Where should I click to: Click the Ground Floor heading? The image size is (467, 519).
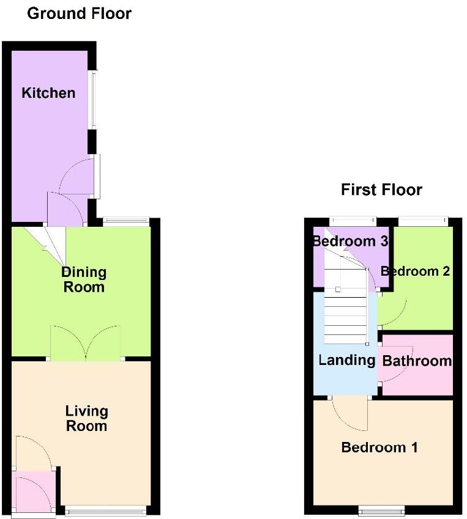79,14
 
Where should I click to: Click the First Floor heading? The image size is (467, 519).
381,190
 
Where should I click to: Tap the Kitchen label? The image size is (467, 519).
48,93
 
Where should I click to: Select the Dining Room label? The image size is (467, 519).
84,280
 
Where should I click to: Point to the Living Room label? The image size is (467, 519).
86,418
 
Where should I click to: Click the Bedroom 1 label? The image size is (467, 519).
379,447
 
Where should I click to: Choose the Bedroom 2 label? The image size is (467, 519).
415,271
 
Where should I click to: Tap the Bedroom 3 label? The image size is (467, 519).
350,241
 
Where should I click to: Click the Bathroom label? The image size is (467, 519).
417,361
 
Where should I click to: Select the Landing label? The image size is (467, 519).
346,361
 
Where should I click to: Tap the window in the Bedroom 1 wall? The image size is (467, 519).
381,510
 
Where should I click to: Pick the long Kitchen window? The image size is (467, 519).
94,100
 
